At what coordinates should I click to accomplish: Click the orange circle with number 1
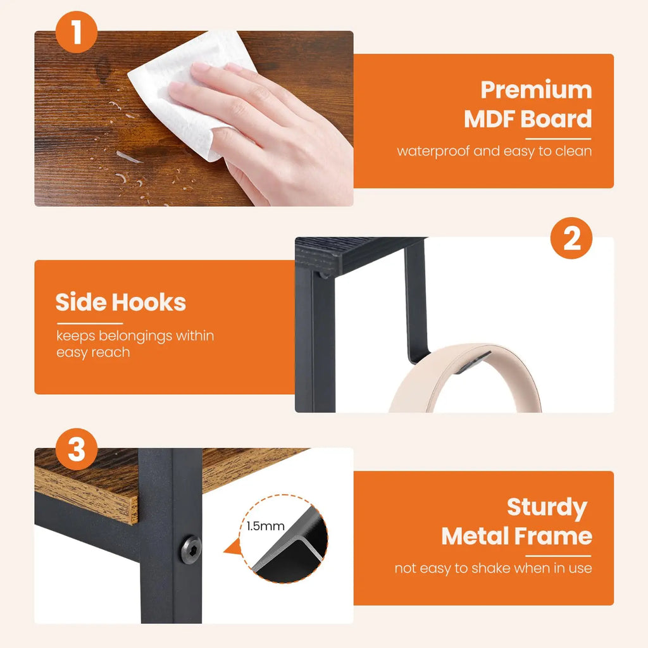click(x=77, y=33)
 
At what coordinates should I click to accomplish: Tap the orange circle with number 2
click(x=571, y=240)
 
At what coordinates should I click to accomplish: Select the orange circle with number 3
click(x=77, y=450)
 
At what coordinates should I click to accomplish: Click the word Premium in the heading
click(x=536, y=90)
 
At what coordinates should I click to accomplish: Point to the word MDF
click(x=495, y=119)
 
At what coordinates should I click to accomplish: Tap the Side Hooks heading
click(x=120, y=302)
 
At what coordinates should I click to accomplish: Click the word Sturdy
click(x=547, y=507)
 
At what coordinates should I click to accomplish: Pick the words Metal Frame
click(x=516, y=536)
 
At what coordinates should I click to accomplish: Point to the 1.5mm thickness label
click(x=266, y=526)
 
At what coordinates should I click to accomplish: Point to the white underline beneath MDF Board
click(x=558, y=138)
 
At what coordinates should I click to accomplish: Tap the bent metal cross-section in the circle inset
click(x=291, y=551)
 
